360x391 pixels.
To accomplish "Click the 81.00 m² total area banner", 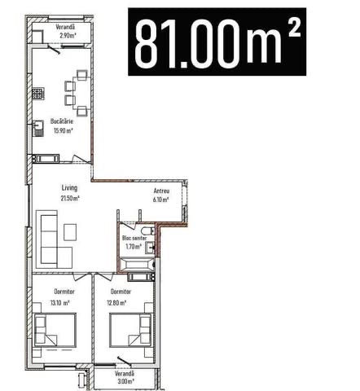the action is pos(217,42).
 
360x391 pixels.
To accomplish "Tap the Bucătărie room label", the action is pos(62,121).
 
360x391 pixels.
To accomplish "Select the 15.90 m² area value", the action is pos(64,130).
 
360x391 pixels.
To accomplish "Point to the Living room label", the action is pos(69,188).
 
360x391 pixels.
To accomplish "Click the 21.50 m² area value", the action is pos(70,198).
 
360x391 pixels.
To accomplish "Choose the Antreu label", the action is pos(161,191).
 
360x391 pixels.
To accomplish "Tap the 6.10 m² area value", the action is pos(161,200).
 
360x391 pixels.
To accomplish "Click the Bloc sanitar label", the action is pos(134,238).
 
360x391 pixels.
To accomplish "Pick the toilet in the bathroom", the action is pos(148,231).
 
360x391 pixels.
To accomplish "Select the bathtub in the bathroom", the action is pos(138,265).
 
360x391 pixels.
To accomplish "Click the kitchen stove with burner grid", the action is pos(38,94).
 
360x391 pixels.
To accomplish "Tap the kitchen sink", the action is pos(38,128).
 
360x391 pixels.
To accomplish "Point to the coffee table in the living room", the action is pos(70,232).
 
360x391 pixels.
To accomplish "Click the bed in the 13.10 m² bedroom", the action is pos(55,330).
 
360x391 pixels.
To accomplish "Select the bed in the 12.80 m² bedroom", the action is pos(131,330).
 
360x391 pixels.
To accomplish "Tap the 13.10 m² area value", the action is pos(60,302).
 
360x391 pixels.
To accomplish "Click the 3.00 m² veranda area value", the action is pos(126,381).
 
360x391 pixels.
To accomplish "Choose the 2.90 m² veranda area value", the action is pos(68,35).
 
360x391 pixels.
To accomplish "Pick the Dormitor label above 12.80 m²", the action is pos(121,292).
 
